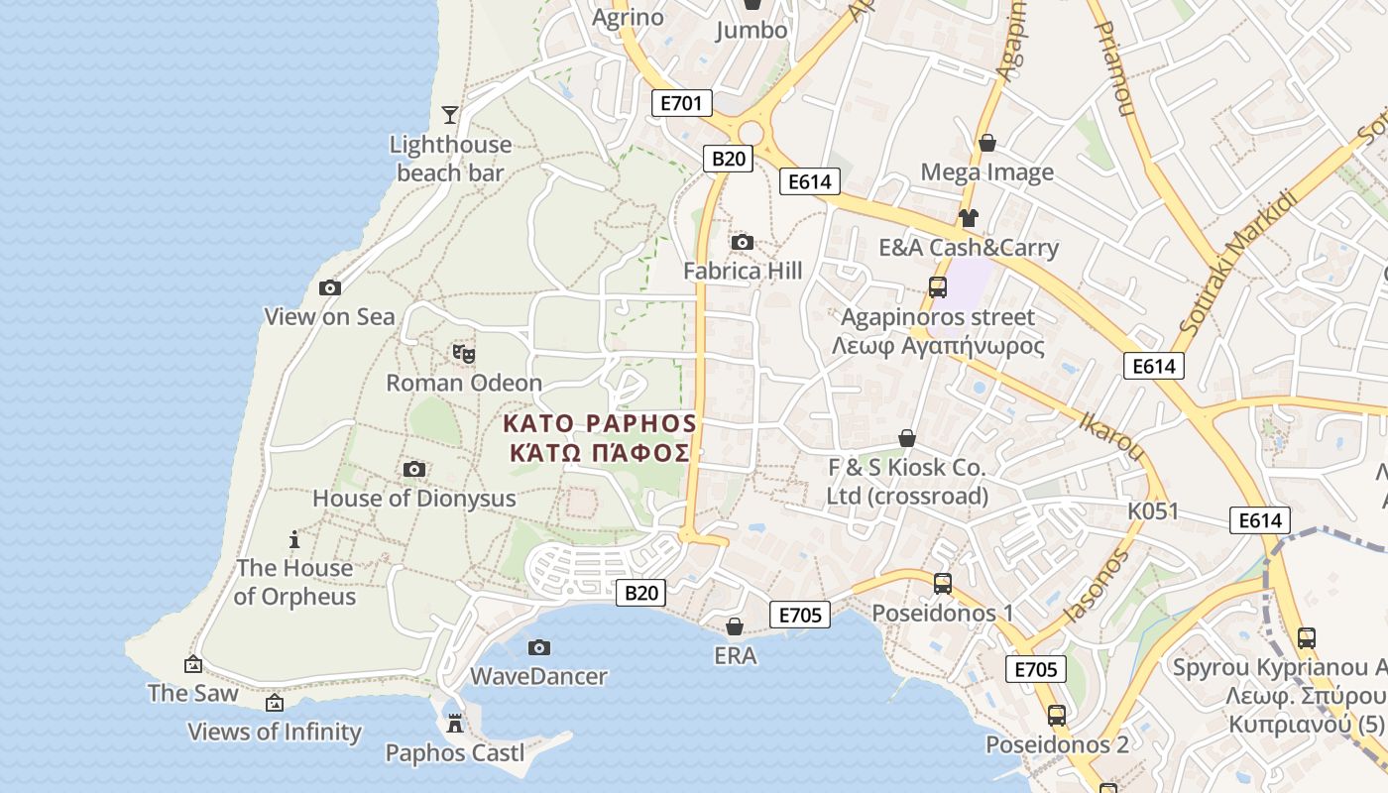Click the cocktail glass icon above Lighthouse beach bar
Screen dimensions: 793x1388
(450, 115)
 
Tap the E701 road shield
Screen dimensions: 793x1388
(682, 102)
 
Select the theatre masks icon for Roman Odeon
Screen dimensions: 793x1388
(464, 353)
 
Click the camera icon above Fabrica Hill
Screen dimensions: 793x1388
(742, 242)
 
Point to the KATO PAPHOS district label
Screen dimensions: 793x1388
(599, 423)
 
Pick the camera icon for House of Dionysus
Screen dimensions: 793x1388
(414, 469)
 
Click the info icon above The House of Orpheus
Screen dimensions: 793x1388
(294, 539)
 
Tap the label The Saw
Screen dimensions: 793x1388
(193, 693)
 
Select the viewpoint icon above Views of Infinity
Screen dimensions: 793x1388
(275, 703)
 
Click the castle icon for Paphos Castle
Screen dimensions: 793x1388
(455, 724)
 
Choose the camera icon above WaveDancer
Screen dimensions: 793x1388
(538, 647)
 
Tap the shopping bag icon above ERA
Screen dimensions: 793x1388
(735, 626)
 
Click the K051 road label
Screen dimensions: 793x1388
(1153, 511)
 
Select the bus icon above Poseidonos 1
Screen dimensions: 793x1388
(942, 584)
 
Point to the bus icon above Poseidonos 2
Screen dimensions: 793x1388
(1057, 715)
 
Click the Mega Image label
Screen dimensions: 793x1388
(986, 172)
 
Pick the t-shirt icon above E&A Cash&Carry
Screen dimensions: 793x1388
(969, 218)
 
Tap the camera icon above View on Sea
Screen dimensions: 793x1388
(330, 287)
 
